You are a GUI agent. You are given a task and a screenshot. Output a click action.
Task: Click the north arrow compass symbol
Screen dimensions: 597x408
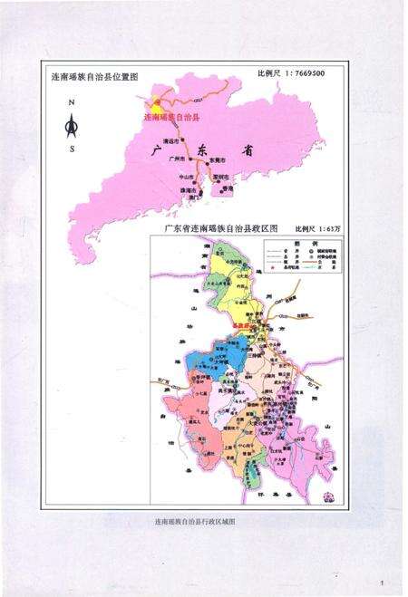tap(73, 127)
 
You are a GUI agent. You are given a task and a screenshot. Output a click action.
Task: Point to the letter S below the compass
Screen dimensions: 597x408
tap(73, 149)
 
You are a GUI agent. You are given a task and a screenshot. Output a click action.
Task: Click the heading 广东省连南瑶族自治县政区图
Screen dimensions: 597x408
tap(215, 228)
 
